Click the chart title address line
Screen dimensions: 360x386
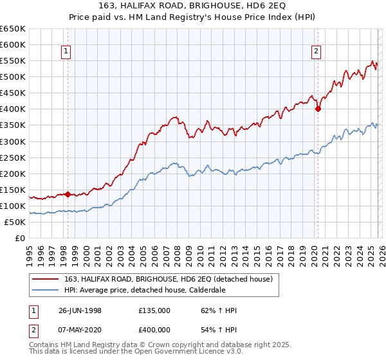(x=192, y=6)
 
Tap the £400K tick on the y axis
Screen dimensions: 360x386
(x=12, y=109)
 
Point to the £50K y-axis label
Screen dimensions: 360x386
(x=14, y=222)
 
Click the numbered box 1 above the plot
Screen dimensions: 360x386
(x=67, y=53)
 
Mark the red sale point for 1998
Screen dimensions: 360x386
(x=68, y=194)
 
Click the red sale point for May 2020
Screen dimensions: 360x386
(x=318, y=109)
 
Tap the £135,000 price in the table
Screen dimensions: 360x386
(x=154, y=311)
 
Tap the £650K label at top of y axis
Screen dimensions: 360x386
(x=12, y=29)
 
